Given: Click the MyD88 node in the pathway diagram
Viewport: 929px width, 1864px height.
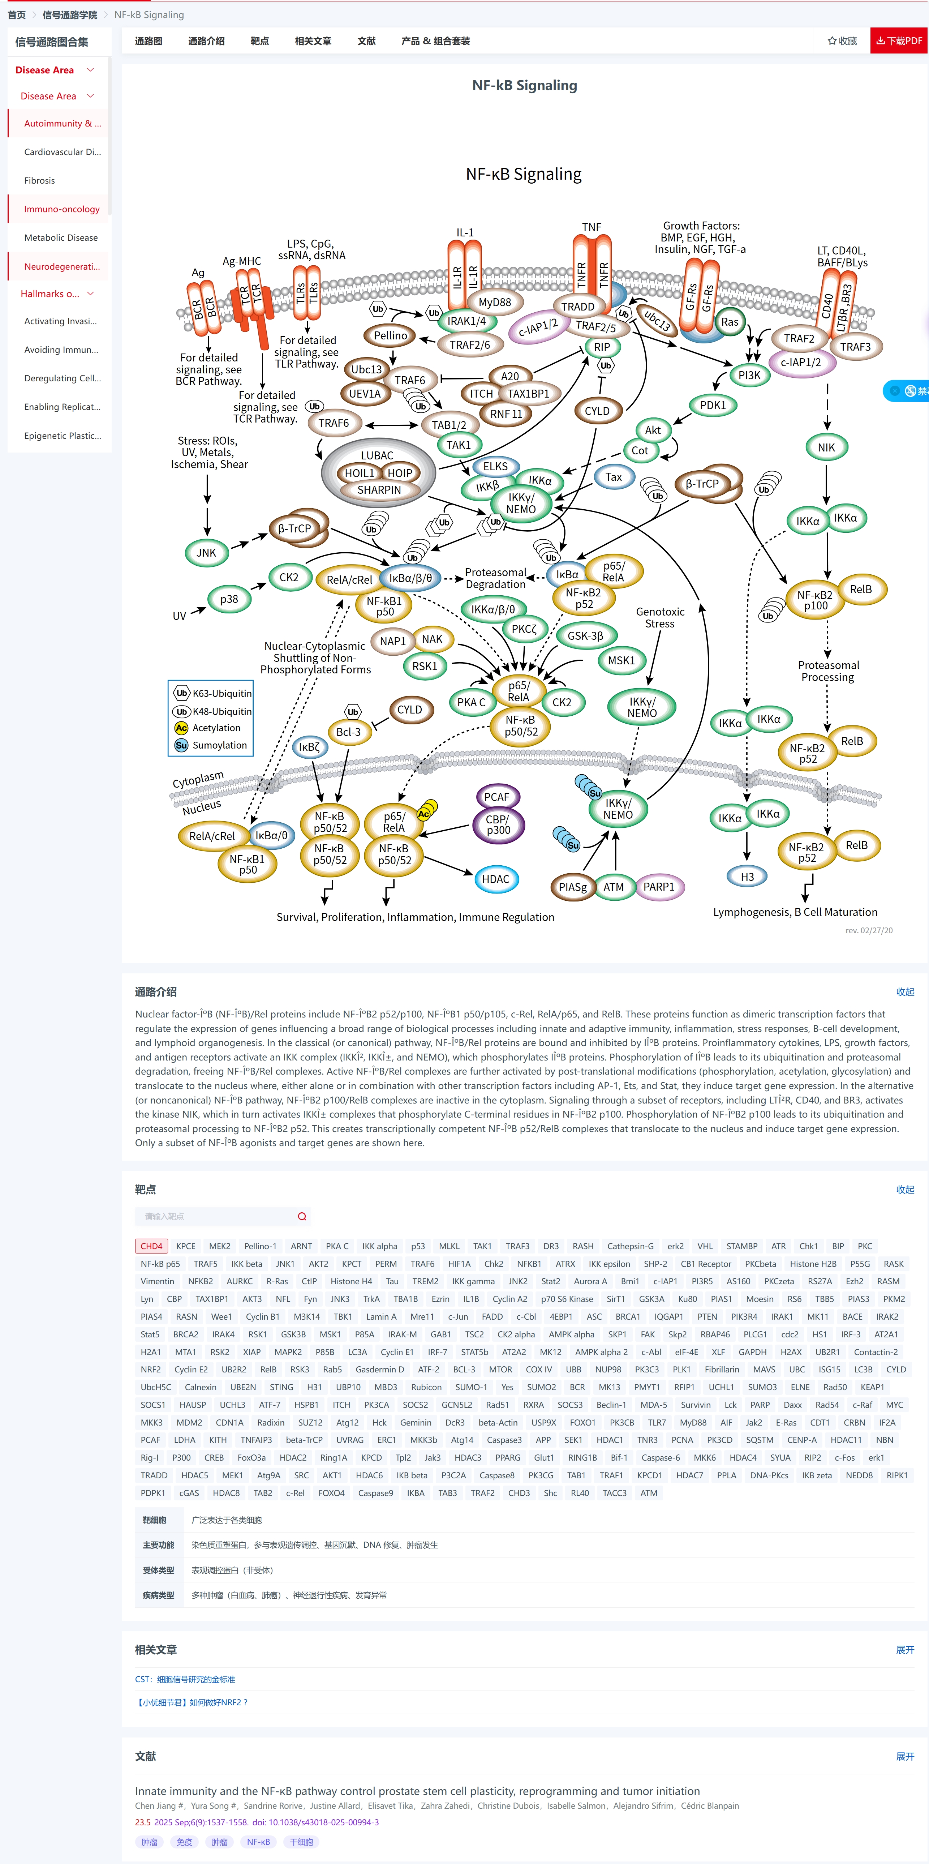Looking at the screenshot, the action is pyautogui.click(x=495, y=303).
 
